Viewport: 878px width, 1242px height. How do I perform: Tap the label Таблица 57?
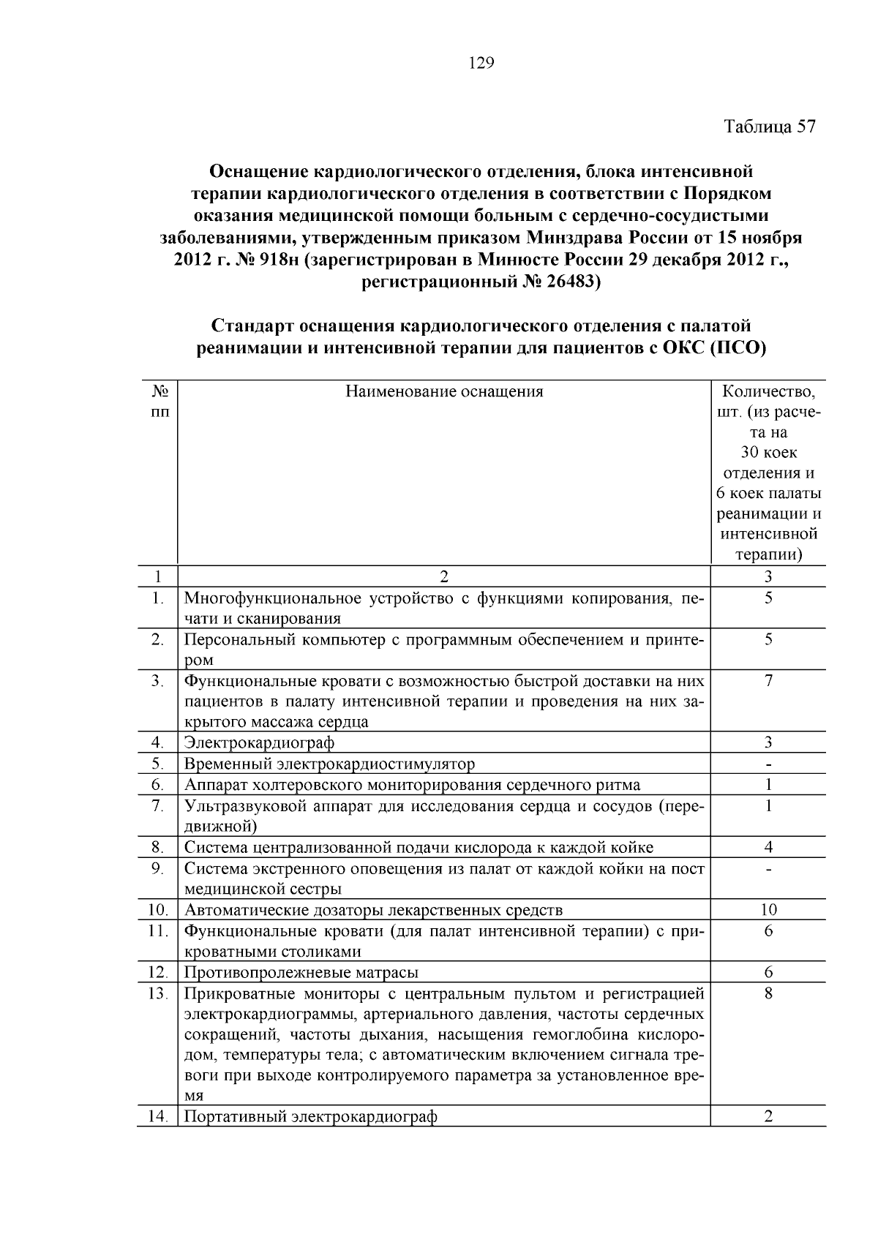point(769,127)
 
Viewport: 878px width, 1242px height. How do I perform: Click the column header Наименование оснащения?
point(444,391)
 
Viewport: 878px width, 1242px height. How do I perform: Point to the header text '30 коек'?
point(768,453)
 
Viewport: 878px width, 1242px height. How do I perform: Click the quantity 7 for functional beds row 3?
point(768,681)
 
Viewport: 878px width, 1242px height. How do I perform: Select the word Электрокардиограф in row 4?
point(259,743)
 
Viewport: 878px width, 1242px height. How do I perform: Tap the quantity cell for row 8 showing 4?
point(768,848)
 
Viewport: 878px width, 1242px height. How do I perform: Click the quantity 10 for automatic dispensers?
point(768,910)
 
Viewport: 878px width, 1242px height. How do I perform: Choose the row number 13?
point(157,993)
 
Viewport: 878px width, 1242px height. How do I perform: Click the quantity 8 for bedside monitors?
point(768,993)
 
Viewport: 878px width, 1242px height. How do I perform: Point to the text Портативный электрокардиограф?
point(310,1117)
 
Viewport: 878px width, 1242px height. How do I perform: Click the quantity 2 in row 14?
point(768,1117)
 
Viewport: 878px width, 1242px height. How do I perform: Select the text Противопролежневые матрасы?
point(301,973)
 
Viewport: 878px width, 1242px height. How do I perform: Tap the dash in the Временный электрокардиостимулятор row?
point(768,764)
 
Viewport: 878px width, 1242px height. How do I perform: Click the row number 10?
point(157,910)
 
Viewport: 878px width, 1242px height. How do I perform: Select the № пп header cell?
point(158,401)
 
